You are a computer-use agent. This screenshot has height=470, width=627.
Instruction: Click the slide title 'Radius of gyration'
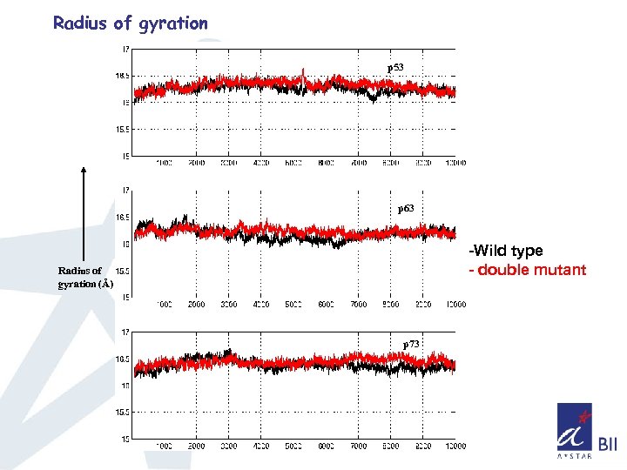point(131,23)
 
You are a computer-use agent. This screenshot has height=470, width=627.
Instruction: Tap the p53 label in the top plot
point(395,67)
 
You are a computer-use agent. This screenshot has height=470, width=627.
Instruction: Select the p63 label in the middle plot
point(406,209)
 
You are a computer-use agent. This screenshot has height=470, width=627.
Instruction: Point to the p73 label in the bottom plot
point(411,345)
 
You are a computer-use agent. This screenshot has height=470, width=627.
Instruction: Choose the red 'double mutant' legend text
point(528,270)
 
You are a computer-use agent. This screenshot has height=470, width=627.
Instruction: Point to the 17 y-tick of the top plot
point(125,49)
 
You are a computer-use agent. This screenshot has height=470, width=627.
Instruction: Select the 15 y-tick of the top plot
point(125,157)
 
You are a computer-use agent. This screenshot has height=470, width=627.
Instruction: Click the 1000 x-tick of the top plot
point(164,163)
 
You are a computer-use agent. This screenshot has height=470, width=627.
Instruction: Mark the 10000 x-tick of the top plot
point(455,163)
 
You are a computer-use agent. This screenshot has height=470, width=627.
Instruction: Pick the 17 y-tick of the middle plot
point(125,190)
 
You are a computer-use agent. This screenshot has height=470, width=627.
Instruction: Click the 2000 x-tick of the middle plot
point(196,305)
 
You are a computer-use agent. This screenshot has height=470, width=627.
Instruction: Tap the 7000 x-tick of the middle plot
point(358,305)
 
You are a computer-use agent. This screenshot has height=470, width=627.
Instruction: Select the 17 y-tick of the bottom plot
point(125,332)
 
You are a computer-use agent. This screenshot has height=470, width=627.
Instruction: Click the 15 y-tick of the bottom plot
point(125,439)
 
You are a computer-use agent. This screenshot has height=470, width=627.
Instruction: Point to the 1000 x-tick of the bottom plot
point(164,446)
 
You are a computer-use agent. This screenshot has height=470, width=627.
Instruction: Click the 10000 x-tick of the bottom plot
point(455,446)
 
